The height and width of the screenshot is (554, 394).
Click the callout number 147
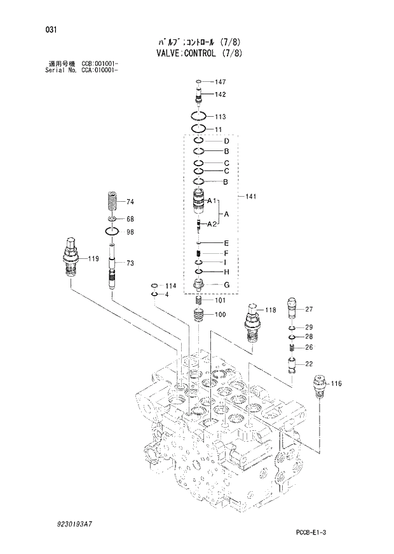pyautogui.click(x=221, y=82)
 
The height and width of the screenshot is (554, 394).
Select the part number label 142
pyautogui.click(x=221, y=94)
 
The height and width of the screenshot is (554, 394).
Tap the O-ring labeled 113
pyautogui.click(x=199, y=117)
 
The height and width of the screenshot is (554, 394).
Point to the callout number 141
pyautogui.click(x=251, y=197)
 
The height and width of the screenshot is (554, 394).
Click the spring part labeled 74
pyautogui.click(x=113, y=203)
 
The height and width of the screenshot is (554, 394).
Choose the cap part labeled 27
pyautogui.click(x=292, y=310)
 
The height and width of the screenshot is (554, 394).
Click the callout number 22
pyautogui.click(x=309, y=364)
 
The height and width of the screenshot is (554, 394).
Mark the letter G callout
pyautogui.click(x=226, y=284)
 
